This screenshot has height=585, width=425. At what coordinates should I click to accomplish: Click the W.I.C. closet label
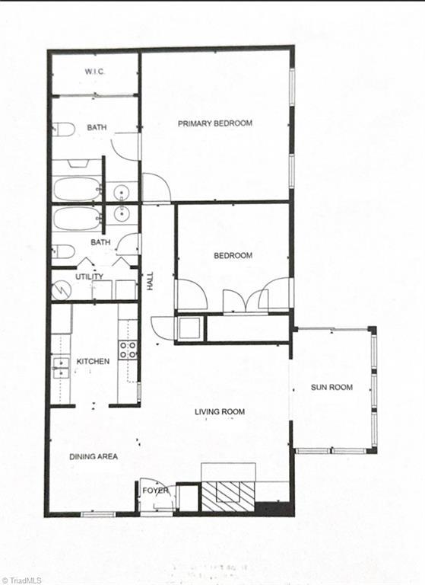tap(94, 72)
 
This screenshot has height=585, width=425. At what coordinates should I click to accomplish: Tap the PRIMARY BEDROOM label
tap(215, 123)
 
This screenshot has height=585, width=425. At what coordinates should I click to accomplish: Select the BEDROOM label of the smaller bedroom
tap(233, 256)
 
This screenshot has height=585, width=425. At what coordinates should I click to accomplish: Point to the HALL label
tap(150, 281)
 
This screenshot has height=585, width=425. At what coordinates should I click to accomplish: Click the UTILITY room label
tap(89, 277)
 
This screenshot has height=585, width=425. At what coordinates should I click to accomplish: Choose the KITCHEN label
tap(93, 361)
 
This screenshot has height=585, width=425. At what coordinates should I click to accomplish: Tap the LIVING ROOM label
tap(220, 412)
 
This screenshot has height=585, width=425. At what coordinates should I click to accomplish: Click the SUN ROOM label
tap(331, 387)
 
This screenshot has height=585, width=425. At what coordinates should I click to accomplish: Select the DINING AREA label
tap(94, 457)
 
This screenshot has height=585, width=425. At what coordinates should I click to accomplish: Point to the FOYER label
tap(156, 491)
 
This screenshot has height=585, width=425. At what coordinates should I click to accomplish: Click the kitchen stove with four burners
tap(128, 350)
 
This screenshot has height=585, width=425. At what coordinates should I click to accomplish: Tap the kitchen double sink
tap(60, 367)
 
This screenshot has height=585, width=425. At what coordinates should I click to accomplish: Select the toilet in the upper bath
tap(64, 129)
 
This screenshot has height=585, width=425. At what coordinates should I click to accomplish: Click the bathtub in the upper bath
tap(76, 188)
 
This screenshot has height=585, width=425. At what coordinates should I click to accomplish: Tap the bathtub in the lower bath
tap(77, 219)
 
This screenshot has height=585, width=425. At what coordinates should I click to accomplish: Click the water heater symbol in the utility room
tap(61, 289)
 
